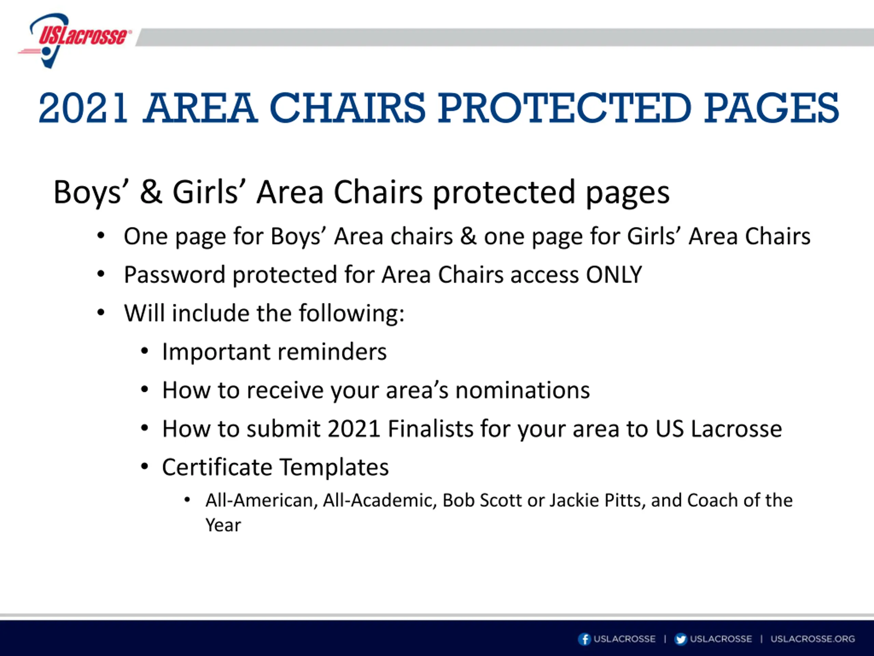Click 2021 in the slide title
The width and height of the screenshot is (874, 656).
pyautogui.click(x=83, y=108)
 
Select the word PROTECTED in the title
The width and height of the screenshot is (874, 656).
pyautogui.click(x=565, y=108)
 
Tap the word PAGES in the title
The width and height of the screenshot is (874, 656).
pyautogui.click(x=772, y=108)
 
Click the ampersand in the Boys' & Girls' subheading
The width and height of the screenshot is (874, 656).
pyautogui.click(x=151, y=192)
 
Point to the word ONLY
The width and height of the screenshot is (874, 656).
pyautogui.click(x=614, y=274)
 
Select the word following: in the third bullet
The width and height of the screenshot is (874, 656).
pyautogui.click(x=351, y=314)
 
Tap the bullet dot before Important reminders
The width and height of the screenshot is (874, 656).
pyautogui.click(x=145, y=351)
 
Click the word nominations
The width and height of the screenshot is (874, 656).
pyautogui.click(x=522, y=390)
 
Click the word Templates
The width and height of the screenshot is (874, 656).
pyautogui.click(x=334, y=467)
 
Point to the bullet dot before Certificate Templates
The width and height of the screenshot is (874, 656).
pyautogui.click(x=145, y=467)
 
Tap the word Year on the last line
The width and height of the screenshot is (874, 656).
pyautogui.click(x=223, y=525)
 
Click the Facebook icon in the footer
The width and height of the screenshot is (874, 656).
pyautogui.click(x=584, y=639)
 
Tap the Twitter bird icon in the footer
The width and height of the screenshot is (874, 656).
pyautogui.click(x=680, y=639)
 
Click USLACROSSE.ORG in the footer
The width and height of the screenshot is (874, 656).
pyautogui.click(x=813, y=639)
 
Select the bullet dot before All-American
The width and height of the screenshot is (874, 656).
pyautogui.click(x=187, y=501)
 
